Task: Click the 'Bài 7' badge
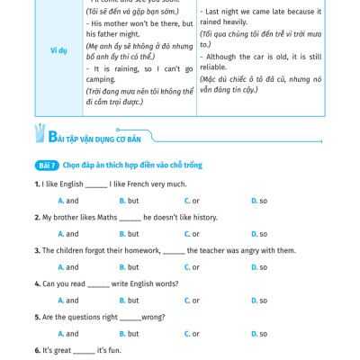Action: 47,166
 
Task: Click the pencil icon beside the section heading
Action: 39,134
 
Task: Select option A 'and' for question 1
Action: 68,201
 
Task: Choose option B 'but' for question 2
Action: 129,234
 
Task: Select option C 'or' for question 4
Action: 192,301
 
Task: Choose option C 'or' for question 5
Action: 192,334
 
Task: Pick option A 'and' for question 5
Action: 68,334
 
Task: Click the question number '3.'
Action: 38,250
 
